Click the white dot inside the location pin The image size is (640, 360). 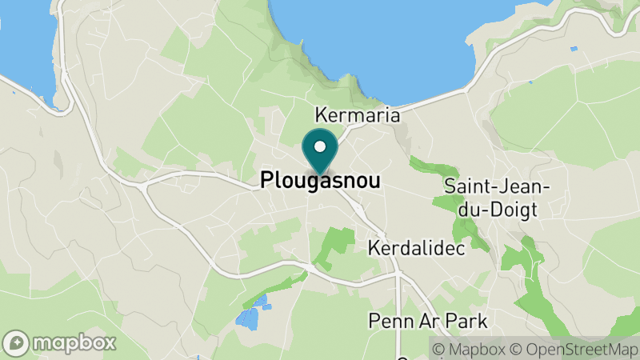click(x=320, y=146)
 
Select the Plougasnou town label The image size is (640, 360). click(x=320, y=182)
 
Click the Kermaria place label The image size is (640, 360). click(x=358, y=115)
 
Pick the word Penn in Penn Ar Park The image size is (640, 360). click(x=388, y=322)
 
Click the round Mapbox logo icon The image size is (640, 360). click(x=16, y=342)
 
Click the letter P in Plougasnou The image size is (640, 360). click(x=267, y=182)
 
